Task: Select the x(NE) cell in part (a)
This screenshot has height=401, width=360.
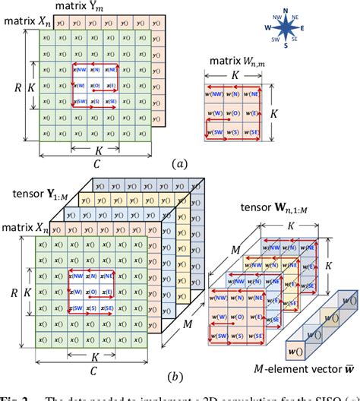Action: (x=113, y=69)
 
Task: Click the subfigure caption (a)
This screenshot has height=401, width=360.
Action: (x=180, y=163)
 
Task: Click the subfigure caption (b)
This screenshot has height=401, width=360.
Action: (x=180, y=377)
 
